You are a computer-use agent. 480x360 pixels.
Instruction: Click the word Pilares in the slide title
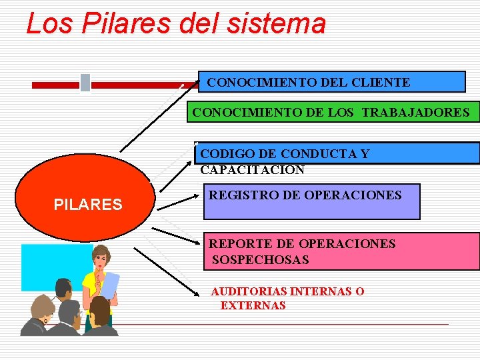(118, 24)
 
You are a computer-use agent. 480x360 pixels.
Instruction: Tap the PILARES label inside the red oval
(88, 205)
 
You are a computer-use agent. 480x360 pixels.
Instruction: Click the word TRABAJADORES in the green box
(416, 112)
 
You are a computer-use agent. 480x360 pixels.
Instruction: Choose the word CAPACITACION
(252, 170)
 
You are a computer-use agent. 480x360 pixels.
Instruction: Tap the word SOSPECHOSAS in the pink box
(260, 260)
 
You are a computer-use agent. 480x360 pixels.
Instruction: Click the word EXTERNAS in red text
(253, 306)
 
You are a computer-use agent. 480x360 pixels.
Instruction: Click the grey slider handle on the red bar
(85, 83)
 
